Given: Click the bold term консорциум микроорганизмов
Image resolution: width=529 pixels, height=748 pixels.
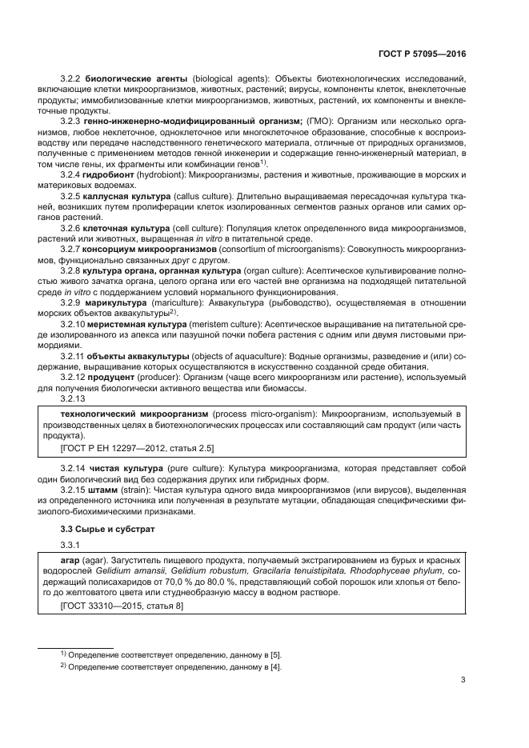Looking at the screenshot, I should (147, 250).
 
